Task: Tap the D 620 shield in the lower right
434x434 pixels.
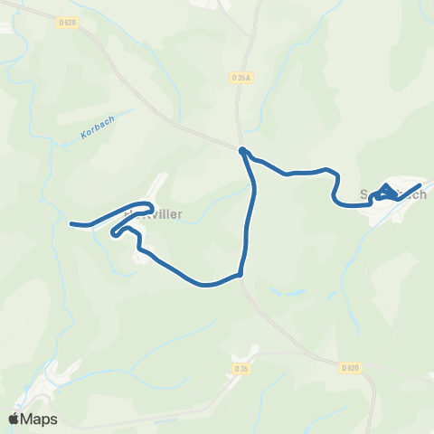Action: tap(352, 367)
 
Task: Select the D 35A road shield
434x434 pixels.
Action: tap(241, 78)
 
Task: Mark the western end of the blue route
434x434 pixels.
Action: tap(71, 222)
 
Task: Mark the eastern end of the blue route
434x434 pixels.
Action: tap(420, 185)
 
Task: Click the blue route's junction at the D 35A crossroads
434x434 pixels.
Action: tap(242, 149)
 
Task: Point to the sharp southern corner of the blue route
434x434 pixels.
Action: tap(241, 273)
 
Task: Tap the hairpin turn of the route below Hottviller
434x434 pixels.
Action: tap(114, 233)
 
